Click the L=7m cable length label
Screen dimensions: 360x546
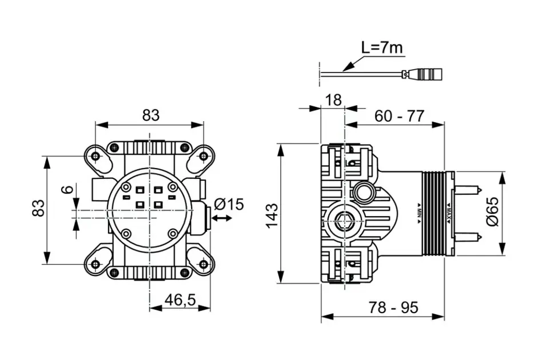pos(382,47)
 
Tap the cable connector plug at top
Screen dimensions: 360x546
pos(426,73)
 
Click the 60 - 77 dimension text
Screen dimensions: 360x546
pos(400,116)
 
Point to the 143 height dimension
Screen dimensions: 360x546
pos(273,215)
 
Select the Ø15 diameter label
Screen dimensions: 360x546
pos(229,203)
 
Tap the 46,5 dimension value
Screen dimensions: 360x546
pos(180,299)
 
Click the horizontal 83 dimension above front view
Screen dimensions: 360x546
pos(150,115)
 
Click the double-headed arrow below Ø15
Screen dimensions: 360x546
pos(222,218)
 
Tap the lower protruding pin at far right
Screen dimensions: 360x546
pos(469,236)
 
